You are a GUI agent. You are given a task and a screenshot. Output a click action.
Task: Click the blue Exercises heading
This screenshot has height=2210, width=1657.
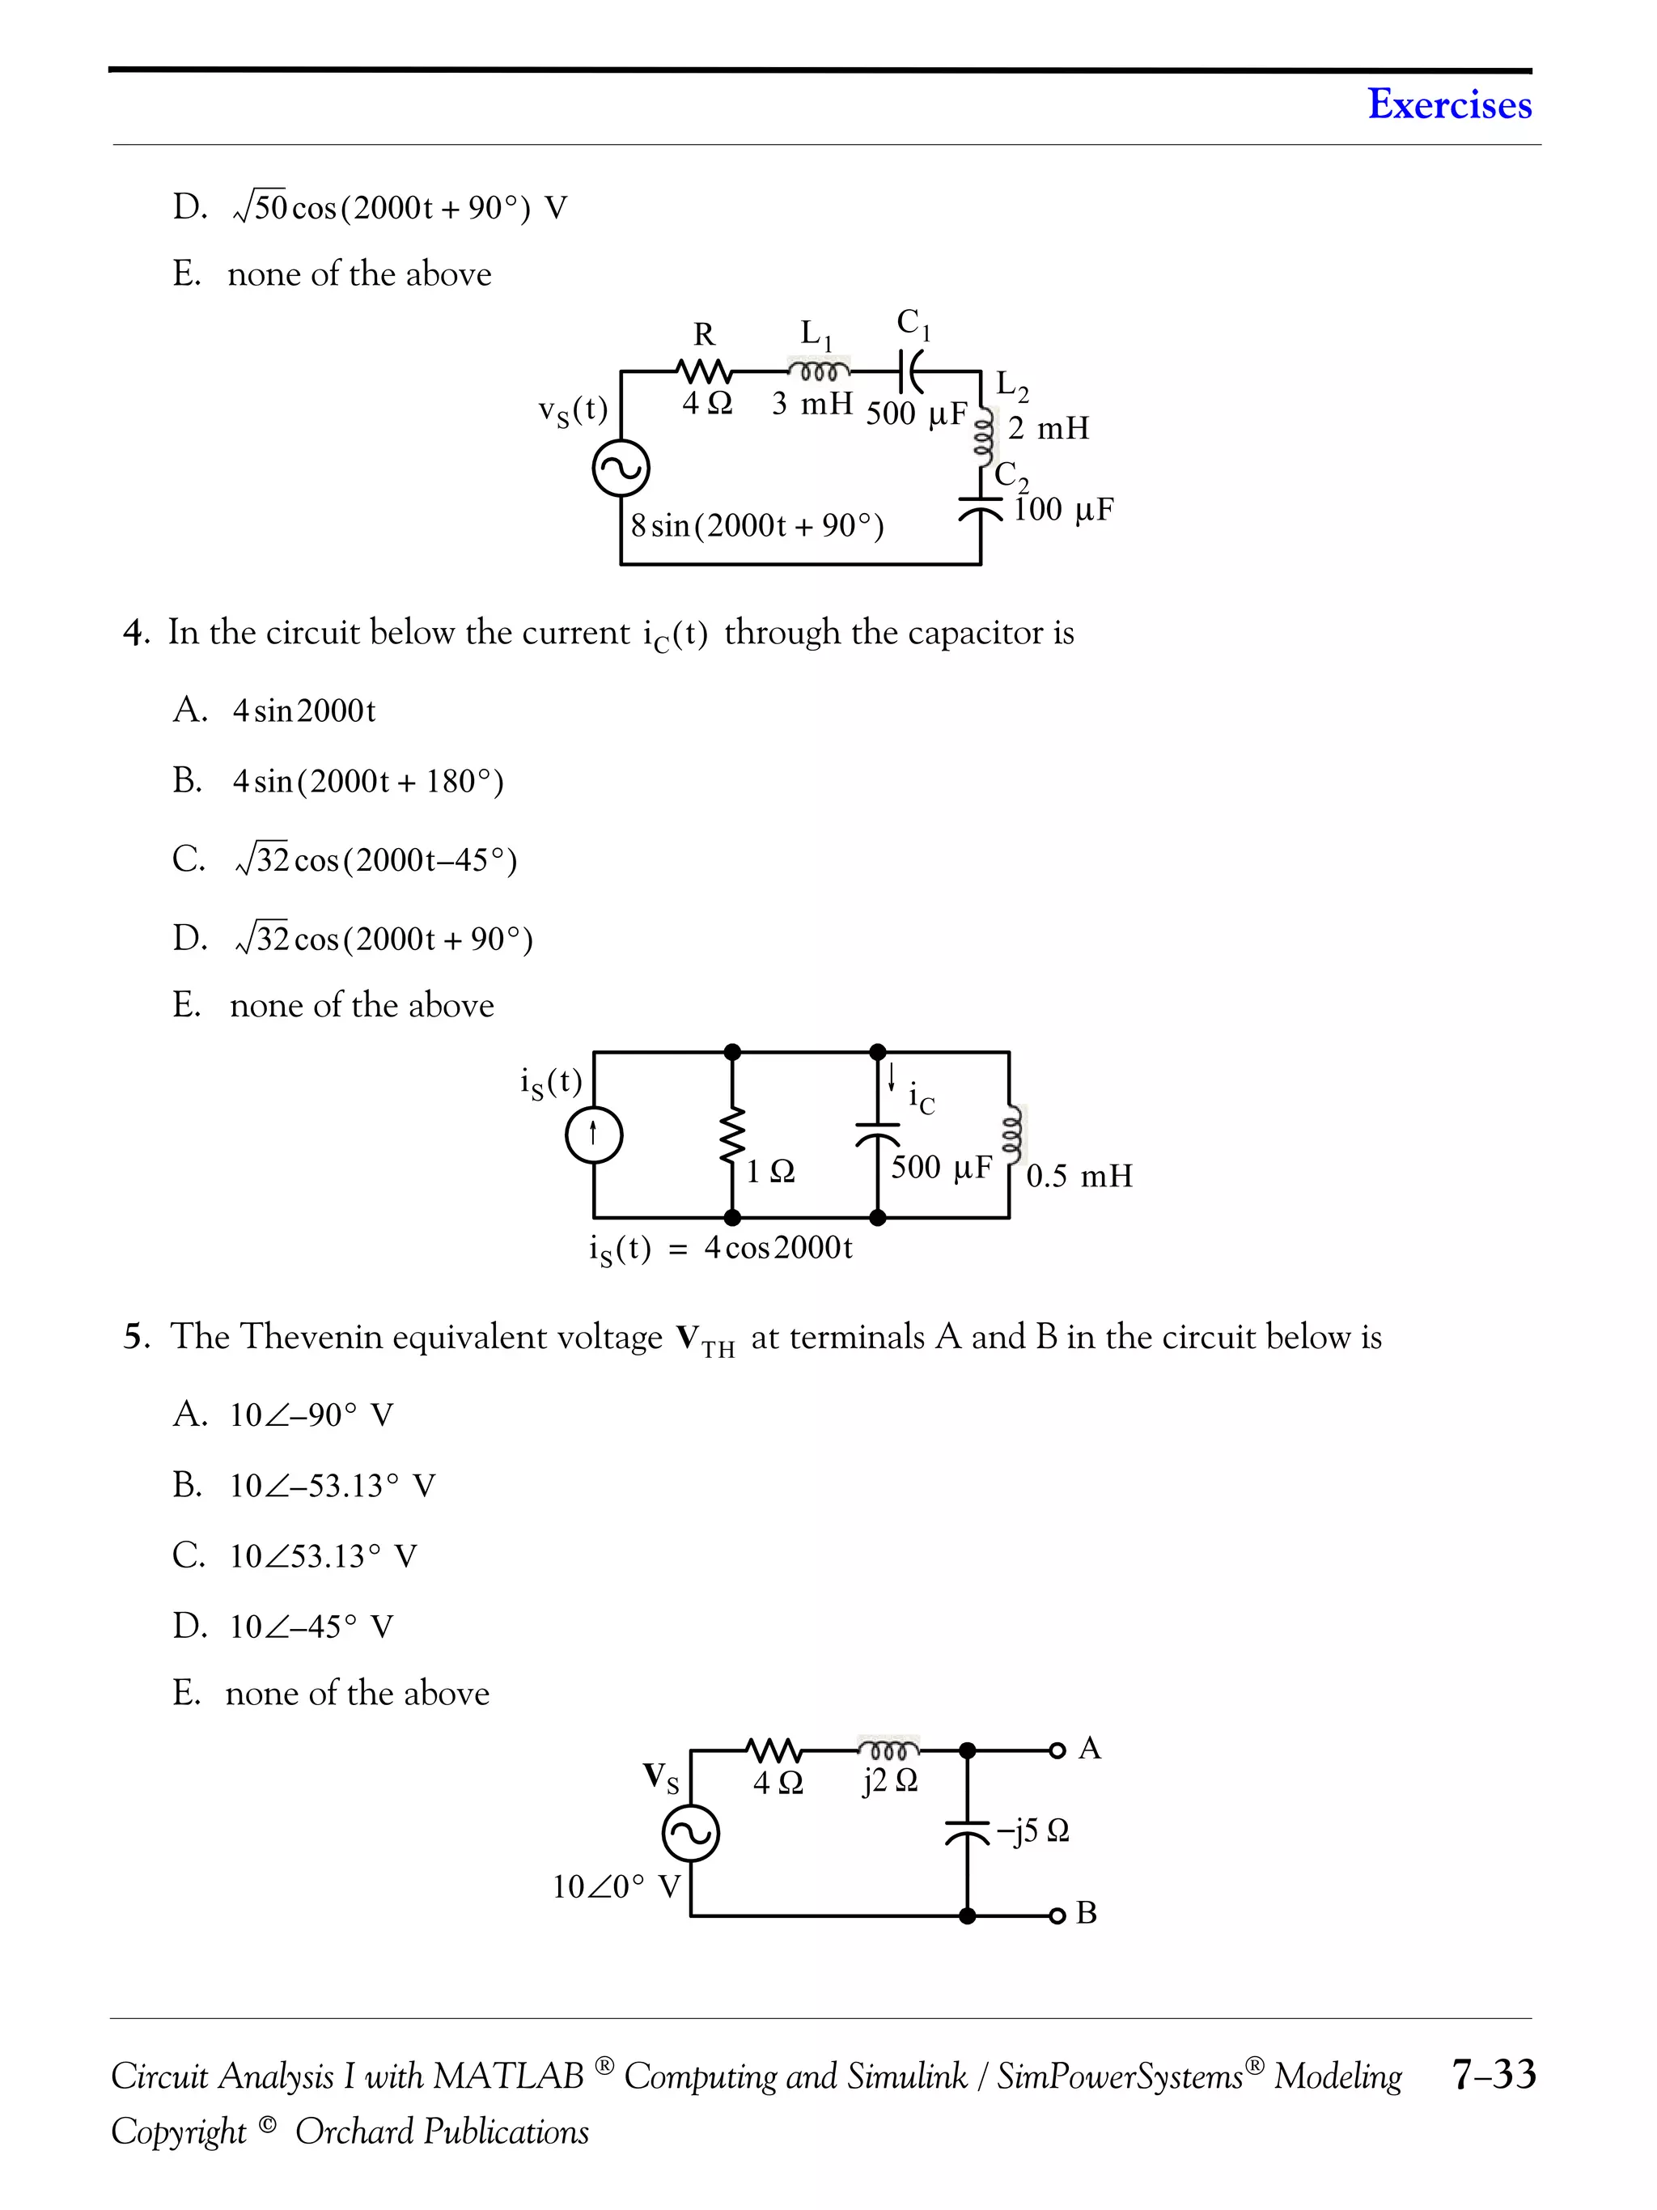[1448, 104]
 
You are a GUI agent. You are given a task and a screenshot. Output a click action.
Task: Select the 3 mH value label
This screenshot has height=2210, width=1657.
[812, 404]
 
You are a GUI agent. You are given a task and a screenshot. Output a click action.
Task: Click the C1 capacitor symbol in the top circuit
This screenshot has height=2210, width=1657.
[912, 371]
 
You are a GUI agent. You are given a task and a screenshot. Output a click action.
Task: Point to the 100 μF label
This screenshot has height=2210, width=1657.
[1062, 510]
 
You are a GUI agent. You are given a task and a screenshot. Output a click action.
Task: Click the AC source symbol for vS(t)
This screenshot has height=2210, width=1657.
[621, 469]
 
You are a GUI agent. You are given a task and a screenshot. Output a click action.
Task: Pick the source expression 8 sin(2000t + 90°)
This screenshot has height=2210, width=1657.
[757, 525]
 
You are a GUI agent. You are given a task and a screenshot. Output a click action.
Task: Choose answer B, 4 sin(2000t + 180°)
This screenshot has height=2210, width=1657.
[367, 781]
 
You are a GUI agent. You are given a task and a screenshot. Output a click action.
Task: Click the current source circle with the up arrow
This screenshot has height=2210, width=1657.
[595, 1135]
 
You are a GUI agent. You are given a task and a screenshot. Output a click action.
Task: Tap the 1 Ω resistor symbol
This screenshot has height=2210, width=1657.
[733, 1135]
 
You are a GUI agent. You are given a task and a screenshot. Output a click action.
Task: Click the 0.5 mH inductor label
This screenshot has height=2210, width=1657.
[1079, 1176]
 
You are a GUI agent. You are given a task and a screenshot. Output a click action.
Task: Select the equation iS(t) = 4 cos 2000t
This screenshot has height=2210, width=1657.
[720, 1249]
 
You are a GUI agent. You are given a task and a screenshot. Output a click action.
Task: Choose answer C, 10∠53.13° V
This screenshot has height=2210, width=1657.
[323, 1555]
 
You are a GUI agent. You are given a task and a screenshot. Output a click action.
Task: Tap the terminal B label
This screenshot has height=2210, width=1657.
[1087, 1913]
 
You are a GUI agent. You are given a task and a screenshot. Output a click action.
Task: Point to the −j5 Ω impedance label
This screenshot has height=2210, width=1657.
[1032, 1830]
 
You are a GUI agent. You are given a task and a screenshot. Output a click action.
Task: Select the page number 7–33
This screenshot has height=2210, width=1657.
[1494, 2075]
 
